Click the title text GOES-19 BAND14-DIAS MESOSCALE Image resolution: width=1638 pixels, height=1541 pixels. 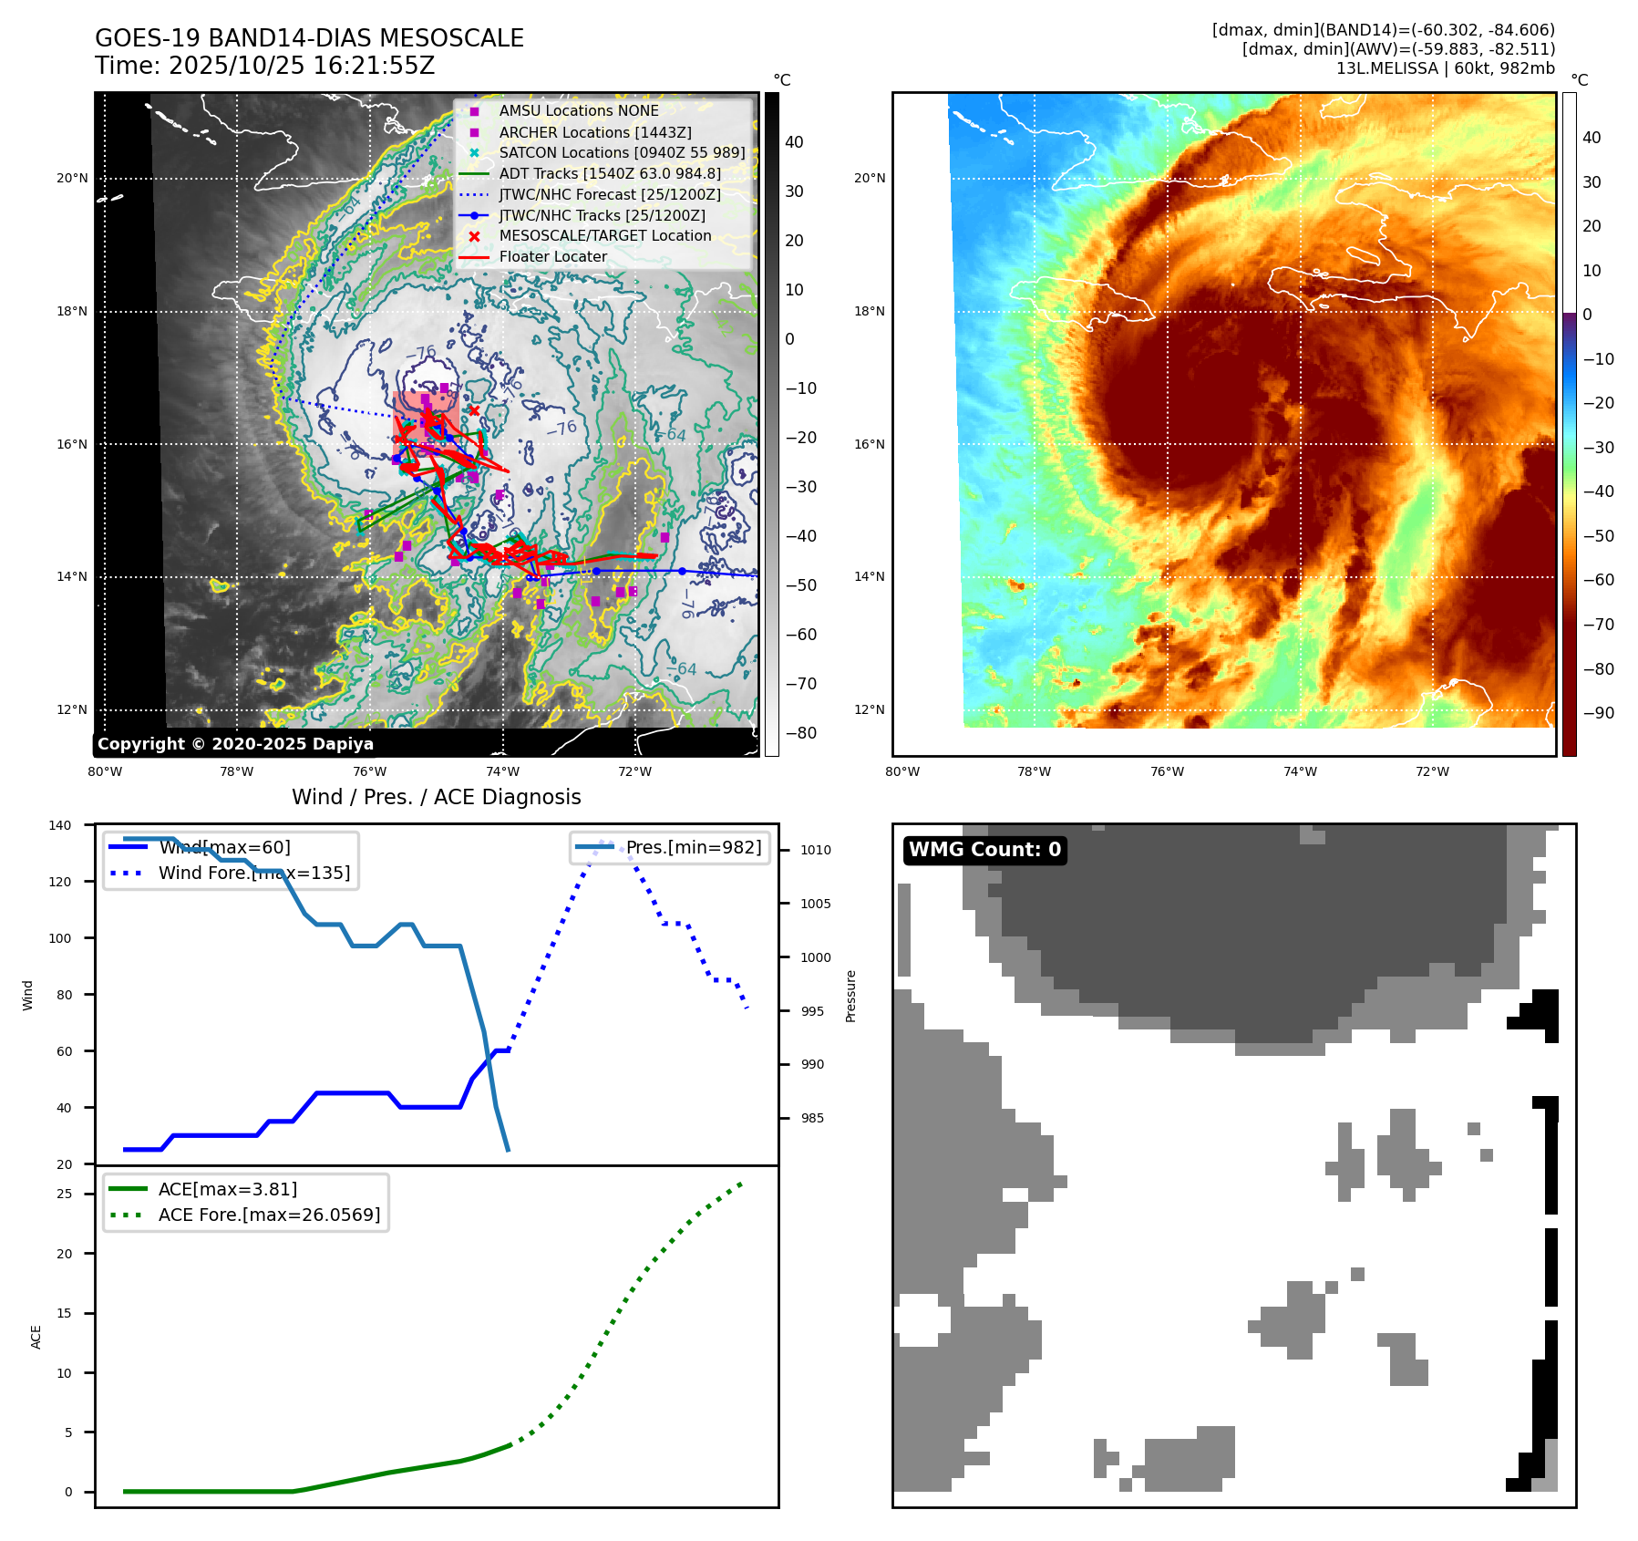click(309, 38)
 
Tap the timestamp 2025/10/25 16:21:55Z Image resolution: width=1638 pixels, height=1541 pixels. click(302, 66)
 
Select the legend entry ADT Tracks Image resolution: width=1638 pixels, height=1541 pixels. click(609, 173)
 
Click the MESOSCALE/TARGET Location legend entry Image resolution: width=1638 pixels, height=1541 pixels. click(604, 235)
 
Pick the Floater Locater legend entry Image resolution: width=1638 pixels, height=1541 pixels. click(552, 256)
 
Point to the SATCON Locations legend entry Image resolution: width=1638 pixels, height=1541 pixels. click(621, 152)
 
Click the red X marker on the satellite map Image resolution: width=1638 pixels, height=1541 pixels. click(474, 411)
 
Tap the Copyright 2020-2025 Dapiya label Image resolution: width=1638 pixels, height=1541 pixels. click(235, 744)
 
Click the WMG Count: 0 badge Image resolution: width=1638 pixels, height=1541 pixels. click(984, 850)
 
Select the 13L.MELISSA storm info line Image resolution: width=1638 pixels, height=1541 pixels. click(1445, 68)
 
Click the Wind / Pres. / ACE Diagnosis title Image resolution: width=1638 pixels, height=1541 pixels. click(436, 797)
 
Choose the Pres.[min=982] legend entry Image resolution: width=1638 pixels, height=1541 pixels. click(693, 847)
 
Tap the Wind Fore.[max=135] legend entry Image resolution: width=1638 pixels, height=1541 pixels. click(253, 873)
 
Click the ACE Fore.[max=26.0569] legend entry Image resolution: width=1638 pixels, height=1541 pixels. click(269, 1215)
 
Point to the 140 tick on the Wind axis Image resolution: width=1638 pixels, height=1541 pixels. click(60, 825)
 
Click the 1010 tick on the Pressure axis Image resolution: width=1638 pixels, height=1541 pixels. click(816, 850)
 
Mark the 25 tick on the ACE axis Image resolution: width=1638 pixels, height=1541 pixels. click(65, 1194)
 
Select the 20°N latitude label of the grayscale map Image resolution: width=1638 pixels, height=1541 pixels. click(72, 179)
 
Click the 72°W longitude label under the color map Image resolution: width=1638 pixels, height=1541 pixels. click(1432, 771)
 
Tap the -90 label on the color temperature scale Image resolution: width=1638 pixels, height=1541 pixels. click(1598, 713)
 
